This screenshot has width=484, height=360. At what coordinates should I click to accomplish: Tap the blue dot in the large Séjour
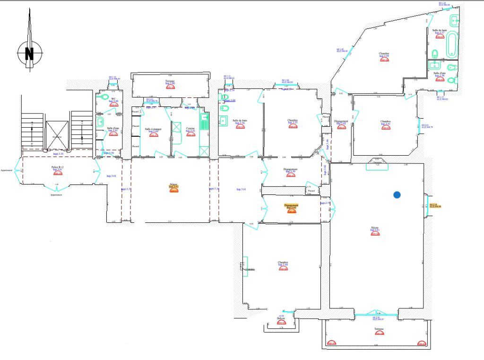pos(397,194)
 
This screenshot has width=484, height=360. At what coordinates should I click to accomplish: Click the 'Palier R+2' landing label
pos(58,167)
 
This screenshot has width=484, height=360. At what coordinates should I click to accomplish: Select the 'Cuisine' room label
pos(190,128)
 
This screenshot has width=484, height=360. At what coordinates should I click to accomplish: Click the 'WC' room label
pos(113,98)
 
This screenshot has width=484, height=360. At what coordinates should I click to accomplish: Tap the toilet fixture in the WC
pos(105,97)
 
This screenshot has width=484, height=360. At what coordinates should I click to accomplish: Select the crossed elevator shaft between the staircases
pos(57,135)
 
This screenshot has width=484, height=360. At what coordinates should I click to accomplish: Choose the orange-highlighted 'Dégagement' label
pos(291,205)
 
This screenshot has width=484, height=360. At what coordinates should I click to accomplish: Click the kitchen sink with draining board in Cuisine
pos(204,123)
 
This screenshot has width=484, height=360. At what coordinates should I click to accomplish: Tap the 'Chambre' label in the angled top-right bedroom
pos(384,53)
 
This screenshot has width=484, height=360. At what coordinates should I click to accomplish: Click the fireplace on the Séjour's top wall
pos(377,164)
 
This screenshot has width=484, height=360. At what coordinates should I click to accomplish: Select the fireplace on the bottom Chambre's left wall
pos(245,267)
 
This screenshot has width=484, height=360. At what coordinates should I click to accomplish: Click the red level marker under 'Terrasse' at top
pos(170,87)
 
